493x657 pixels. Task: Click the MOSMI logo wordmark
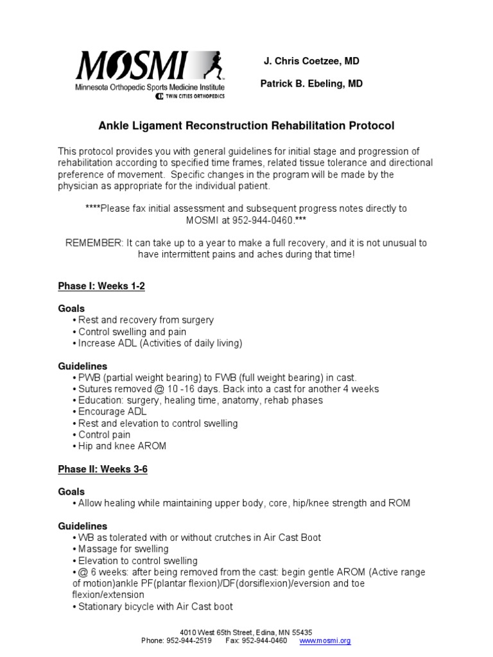[132, 66]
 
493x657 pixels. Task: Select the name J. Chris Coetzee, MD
[311, 61]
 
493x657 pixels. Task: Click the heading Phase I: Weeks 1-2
[101, 286]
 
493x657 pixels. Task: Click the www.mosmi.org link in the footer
[325, 641]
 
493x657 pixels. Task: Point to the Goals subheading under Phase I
[71, 309]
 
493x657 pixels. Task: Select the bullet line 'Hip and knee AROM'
[121, 446]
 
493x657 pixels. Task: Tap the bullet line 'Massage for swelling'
[123, 549]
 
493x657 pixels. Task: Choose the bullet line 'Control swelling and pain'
[132, 332]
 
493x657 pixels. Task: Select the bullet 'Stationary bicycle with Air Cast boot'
[155, 606]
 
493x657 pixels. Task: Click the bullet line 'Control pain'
[104, 434]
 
